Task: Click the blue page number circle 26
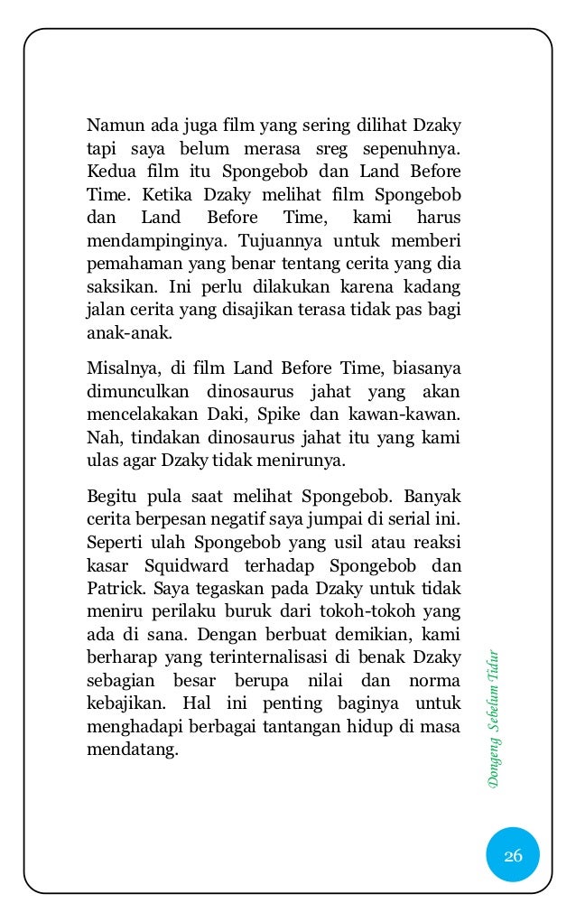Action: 513,855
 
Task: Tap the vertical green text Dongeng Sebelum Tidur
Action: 493,719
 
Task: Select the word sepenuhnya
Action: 412,147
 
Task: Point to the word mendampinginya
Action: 149,241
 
